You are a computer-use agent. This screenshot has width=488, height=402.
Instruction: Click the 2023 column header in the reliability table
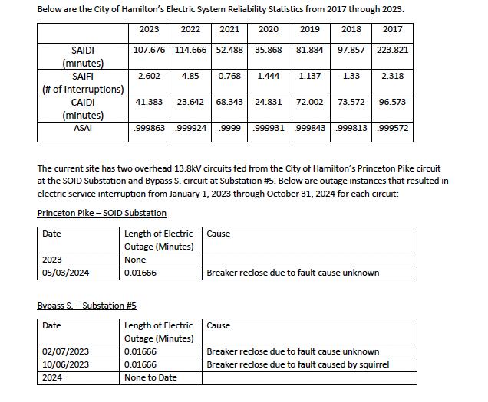click(149, 30)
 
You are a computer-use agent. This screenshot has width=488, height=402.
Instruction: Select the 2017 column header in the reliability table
click(392, 30)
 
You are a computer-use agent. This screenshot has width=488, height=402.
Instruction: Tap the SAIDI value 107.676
click(150, 50)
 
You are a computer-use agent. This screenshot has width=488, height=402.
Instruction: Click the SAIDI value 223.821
click(393, 50)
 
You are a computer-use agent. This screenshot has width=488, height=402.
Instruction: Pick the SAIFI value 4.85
click(190, 76)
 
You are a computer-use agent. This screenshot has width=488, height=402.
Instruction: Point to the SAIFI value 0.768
click(229, 76)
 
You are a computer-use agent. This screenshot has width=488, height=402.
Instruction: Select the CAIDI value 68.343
click(229, 102)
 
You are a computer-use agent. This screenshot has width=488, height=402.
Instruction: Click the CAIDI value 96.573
click(393, 102)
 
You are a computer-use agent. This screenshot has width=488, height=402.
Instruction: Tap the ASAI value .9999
click(229, 128)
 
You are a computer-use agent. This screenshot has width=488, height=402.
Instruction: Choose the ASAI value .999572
click(393, 128)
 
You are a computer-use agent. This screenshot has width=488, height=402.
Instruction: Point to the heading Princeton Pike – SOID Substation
click(101, 213)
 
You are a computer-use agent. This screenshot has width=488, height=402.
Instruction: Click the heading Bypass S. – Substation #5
click(87, 306)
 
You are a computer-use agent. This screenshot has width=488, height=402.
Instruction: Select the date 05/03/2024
click(66, 273)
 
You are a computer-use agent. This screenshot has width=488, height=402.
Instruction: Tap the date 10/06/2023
click(66, 364)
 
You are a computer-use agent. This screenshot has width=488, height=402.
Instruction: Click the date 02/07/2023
click(66, 351)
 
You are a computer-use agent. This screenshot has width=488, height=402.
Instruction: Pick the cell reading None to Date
click(150, 377)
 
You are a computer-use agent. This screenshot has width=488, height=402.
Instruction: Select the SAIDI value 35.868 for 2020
click(268, 50)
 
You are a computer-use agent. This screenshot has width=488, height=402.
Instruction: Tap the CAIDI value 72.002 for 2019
click(310, 102)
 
